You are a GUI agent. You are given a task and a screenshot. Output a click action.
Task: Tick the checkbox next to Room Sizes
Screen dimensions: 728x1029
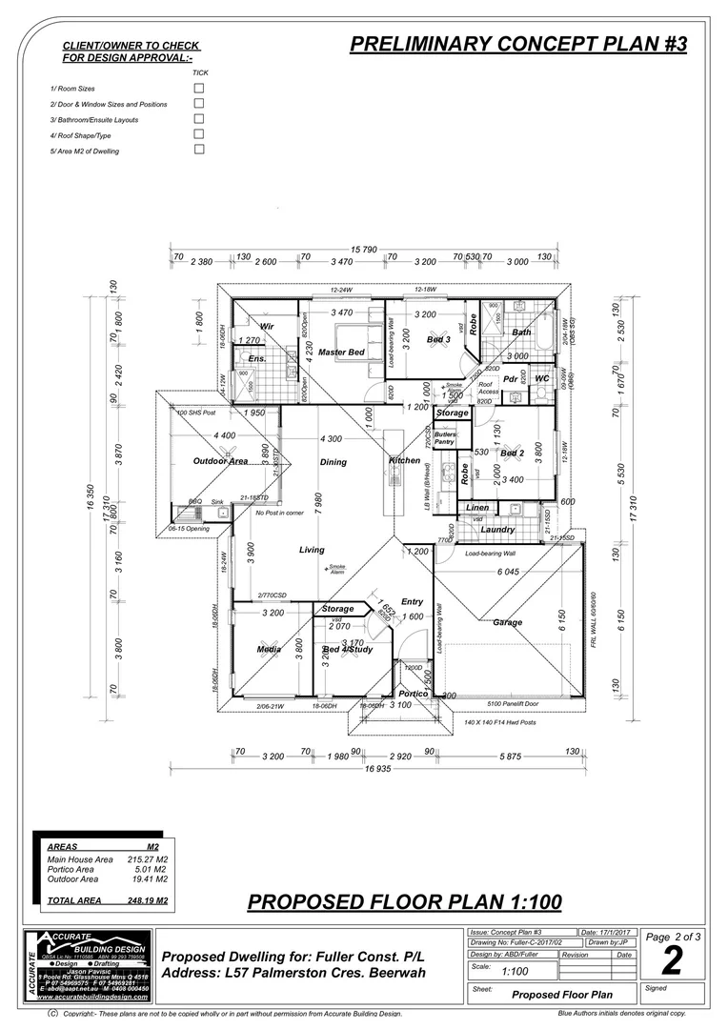click(199, 88)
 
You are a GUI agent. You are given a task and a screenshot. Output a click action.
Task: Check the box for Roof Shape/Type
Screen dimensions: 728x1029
click(199, 135)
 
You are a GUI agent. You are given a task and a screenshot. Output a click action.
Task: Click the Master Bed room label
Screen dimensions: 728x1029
click(341, 353)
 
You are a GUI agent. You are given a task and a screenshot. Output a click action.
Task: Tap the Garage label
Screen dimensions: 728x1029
click(507, 622)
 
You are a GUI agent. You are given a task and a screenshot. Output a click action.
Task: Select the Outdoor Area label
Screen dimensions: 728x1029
click(221, 461)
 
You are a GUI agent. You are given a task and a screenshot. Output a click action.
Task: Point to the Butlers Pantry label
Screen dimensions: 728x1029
click(445, 438)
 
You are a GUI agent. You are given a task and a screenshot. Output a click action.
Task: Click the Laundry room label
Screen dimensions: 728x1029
click(498, 530)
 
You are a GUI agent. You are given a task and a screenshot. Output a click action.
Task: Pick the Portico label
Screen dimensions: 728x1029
click(414, 694)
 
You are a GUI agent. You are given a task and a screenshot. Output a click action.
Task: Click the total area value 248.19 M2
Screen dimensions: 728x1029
click(148, 899)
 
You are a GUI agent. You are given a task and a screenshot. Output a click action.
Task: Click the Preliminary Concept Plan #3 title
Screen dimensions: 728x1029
click(517, 44)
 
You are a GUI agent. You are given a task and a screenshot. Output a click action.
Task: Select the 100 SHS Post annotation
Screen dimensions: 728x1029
click(196, 414)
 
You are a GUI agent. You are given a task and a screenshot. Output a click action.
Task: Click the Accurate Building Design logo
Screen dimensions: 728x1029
click(90, 964)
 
